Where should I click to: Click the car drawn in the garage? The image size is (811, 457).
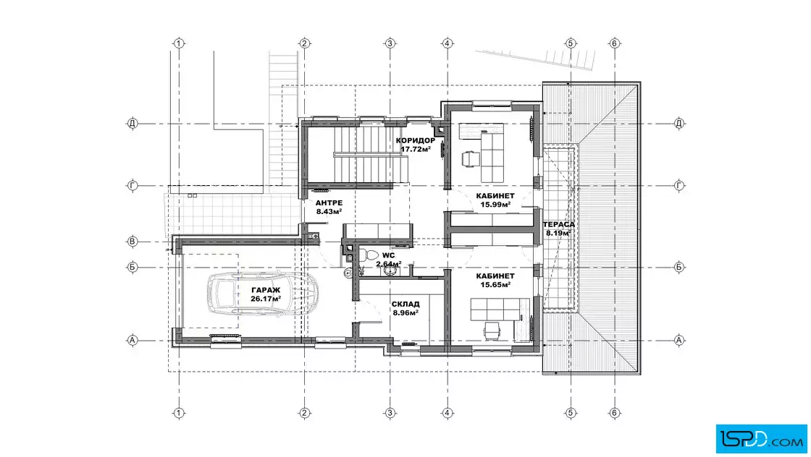tap(263, 293)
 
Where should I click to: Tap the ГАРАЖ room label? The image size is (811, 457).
tap(266, 290)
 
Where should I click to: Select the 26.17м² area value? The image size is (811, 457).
tap(266, 299)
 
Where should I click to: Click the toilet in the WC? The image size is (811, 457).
tap(370, 255)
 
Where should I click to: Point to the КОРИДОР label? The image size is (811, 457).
tap(416, 140)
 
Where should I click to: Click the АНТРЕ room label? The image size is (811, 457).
tap(329, 203)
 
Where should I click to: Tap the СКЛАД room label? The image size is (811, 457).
tap(405, 304)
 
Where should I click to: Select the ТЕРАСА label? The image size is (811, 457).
tap(558, 225)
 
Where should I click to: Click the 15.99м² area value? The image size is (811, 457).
tap(495, 205)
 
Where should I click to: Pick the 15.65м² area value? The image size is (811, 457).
tap(495, 284)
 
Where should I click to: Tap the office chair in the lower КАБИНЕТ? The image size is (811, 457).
tap(492, 331)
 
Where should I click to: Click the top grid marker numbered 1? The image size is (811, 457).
tap(178, 43)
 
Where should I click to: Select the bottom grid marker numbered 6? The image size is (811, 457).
tap(615, 413)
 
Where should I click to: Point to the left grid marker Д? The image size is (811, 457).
tap(133, 124)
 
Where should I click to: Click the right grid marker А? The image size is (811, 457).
tap(679, 340)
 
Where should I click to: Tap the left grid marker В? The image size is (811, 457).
tap(133, 241)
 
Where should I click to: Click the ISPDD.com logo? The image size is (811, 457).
tap(761, 439)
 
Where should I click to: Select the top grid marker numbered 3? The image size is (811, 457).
tap(390, 43)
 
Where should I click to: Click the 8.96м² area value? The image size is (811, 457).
tap(405, 312)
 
